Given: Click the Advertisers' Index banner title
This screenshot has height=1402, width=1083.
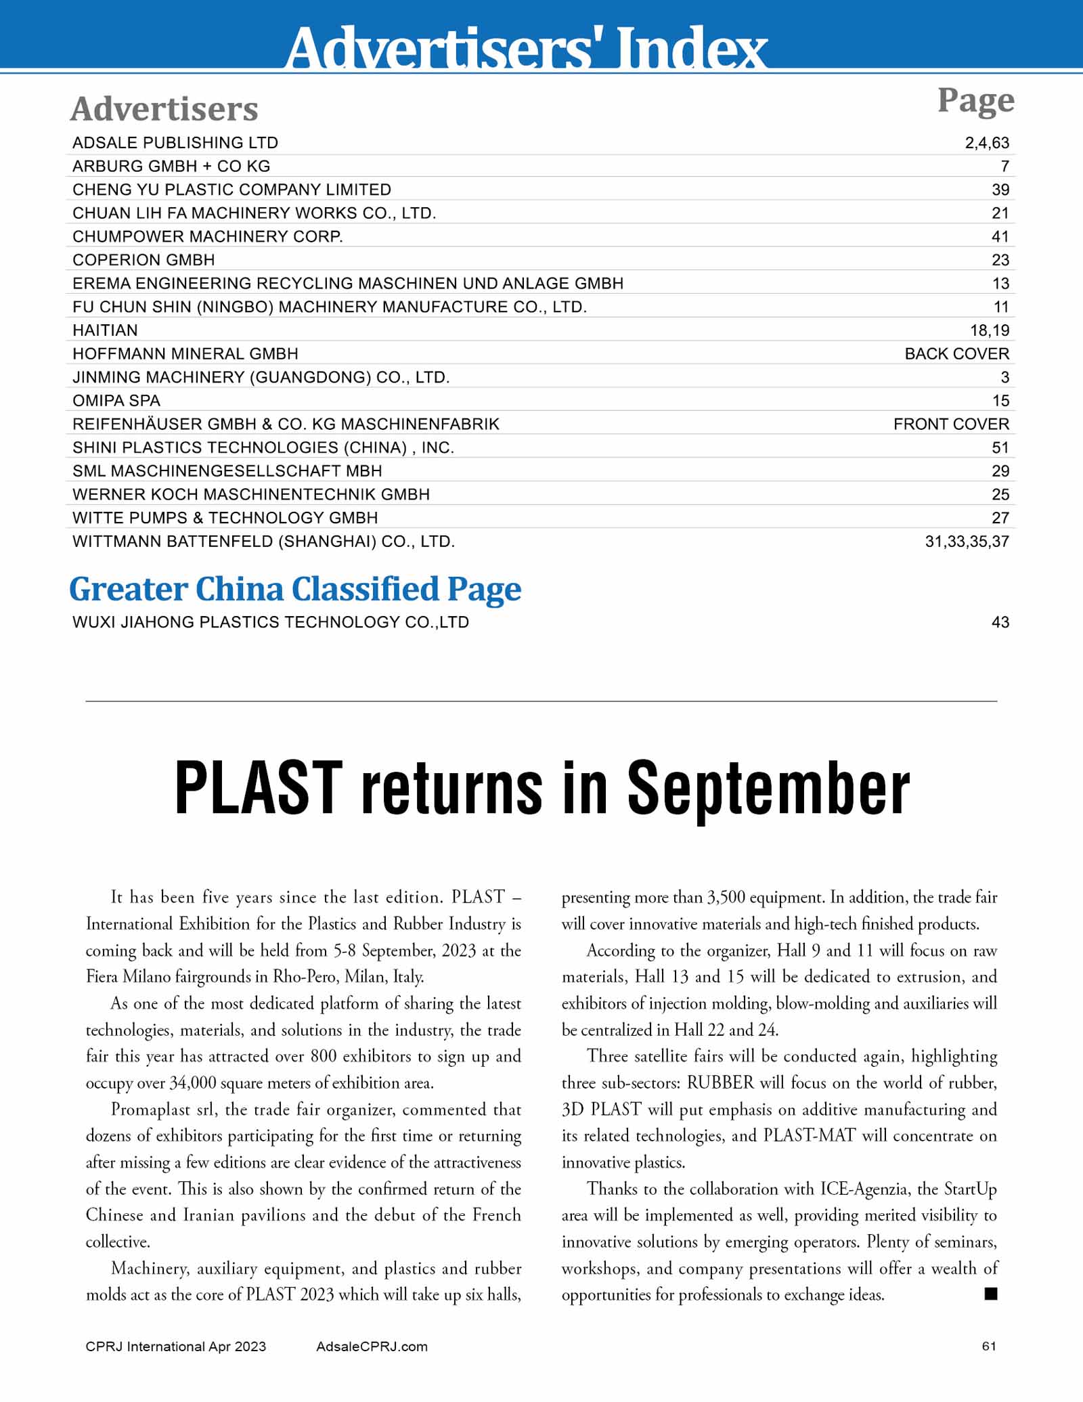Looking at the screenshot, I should (x=527, y=47).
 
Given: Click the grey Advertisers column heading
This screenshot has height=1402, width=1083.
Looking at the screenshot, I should (x=164, y=109).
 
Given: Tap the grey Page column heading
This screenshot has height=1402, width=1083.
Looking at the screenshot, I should (x=975, y=101).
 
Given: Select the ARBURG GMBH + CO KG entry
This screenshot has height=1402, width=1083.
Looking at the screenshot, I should (x=171, y=167).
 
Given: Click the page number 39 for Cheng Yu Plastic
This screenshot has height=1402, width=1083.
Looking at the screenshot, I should (x=1000, y=190).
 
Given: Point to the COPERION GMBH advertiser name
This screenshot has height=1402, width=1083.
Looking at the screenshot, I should (x=143, y=260).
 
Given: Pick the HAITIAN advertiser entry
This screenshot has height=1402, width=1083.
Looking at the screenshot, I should (x=105, y=330).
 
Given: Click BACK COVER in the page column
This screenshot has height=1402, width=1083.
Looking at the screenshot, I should (x=956, y=354).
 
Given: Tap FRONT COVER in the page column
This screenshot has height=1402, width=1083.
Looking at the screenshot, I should (x=950, y=424).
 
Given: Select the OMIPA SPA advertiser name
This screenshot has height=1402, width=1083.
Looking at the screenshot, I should (x=116, y=401).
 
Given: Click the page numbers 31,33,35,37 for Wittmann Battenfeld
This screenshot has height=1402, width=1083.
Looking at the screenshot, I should (x=967, y=542).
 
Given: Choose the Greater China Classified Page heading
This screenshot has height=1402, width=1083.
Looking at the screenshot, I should (x=295, y=589).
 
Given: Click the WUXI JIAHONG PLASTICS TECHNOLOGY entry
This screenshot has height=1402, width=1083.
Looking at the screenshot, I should (x=271, y=623).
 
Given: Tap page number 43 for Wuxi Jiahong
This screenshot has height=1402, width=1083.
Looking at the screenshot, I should (x=1000, y=623).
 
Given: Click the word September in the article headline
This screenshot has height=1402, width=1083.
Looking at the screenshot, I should (x=768, y=789).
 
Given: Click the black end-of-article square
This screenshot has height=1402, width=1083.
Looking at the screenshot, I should (x=991, y=1294).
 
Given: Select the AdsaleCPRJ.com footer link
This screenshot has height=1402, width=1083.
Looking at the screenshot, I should (x=372, y=1346).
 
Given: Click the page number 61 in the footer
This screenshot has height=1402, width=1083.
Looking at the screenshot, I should (x=989, y=1346).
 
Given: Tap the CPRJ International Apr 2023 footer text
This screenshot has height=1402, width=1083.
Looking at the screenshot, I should (x=176, y=1346).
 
